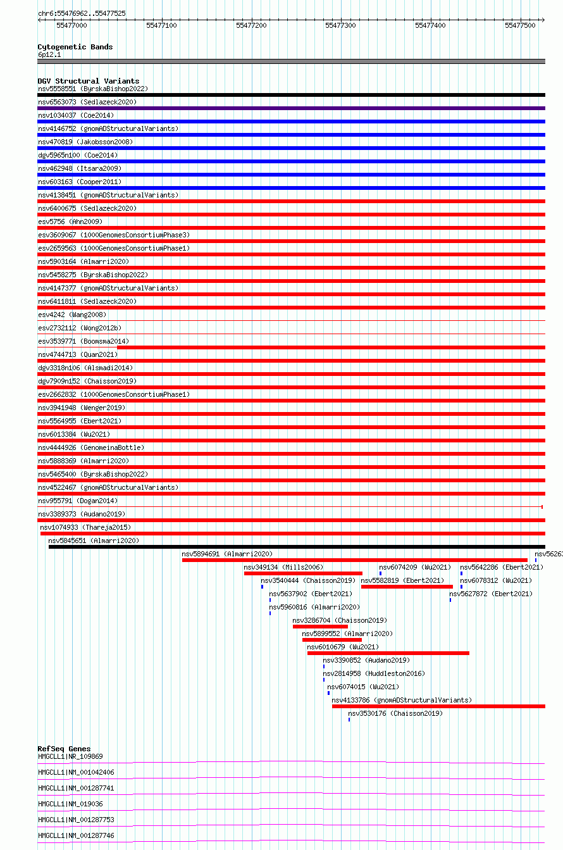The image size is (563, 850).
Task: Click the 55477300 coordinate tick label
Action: tap(340, 25)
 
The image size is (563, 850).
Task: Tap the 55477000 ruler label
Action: tap(71, 25)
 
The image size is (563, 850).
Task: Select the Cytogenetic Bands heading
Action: tap(75, 47)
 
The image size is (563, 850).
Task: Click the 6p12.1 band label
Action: tap(49, 54)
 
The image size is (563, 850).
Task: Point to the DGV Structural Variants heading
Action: tap(88, 81)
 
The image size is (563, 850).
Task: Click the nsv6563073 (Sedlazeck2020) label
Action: tap(87, 102)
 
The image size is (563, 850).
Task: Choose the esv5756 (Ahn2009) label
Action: tap(70, 222)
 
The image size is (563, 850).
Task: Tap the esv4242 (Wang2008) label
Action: tap(71, 315)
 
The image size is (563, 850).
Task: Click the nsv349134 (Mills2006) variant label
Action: tap(283, 567)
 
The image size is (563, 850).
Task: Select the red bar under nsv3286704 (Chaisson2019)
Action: tap(320, 627)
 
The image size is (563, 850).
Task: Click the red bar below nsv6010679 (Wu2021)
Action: tap(388, 653)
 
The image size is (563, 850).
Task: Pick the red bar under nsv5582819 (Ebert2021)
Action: tap(406, 587)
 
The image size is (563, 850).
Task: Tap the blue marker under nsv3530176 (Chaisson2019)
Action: tap(349, 720)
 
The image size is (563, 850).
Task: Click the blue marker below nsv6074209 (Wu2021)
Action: tap(380, 573)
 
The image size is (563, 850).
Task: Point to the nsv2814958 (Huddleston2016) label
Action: tap(374, 673)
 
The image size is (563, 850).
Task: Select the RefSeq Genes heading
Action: tap(64, 749)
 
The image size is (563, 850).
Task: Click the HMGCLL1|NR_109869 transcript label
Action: tap(70, 756)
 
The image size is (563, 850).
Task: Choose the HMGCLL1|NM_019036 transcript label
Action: tap(70, 804)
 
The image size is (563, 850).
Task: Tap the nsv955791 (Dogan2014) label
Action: tap(78, 501)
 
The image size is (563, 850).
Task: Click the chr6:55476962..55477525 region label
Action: tap(82, 13)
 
